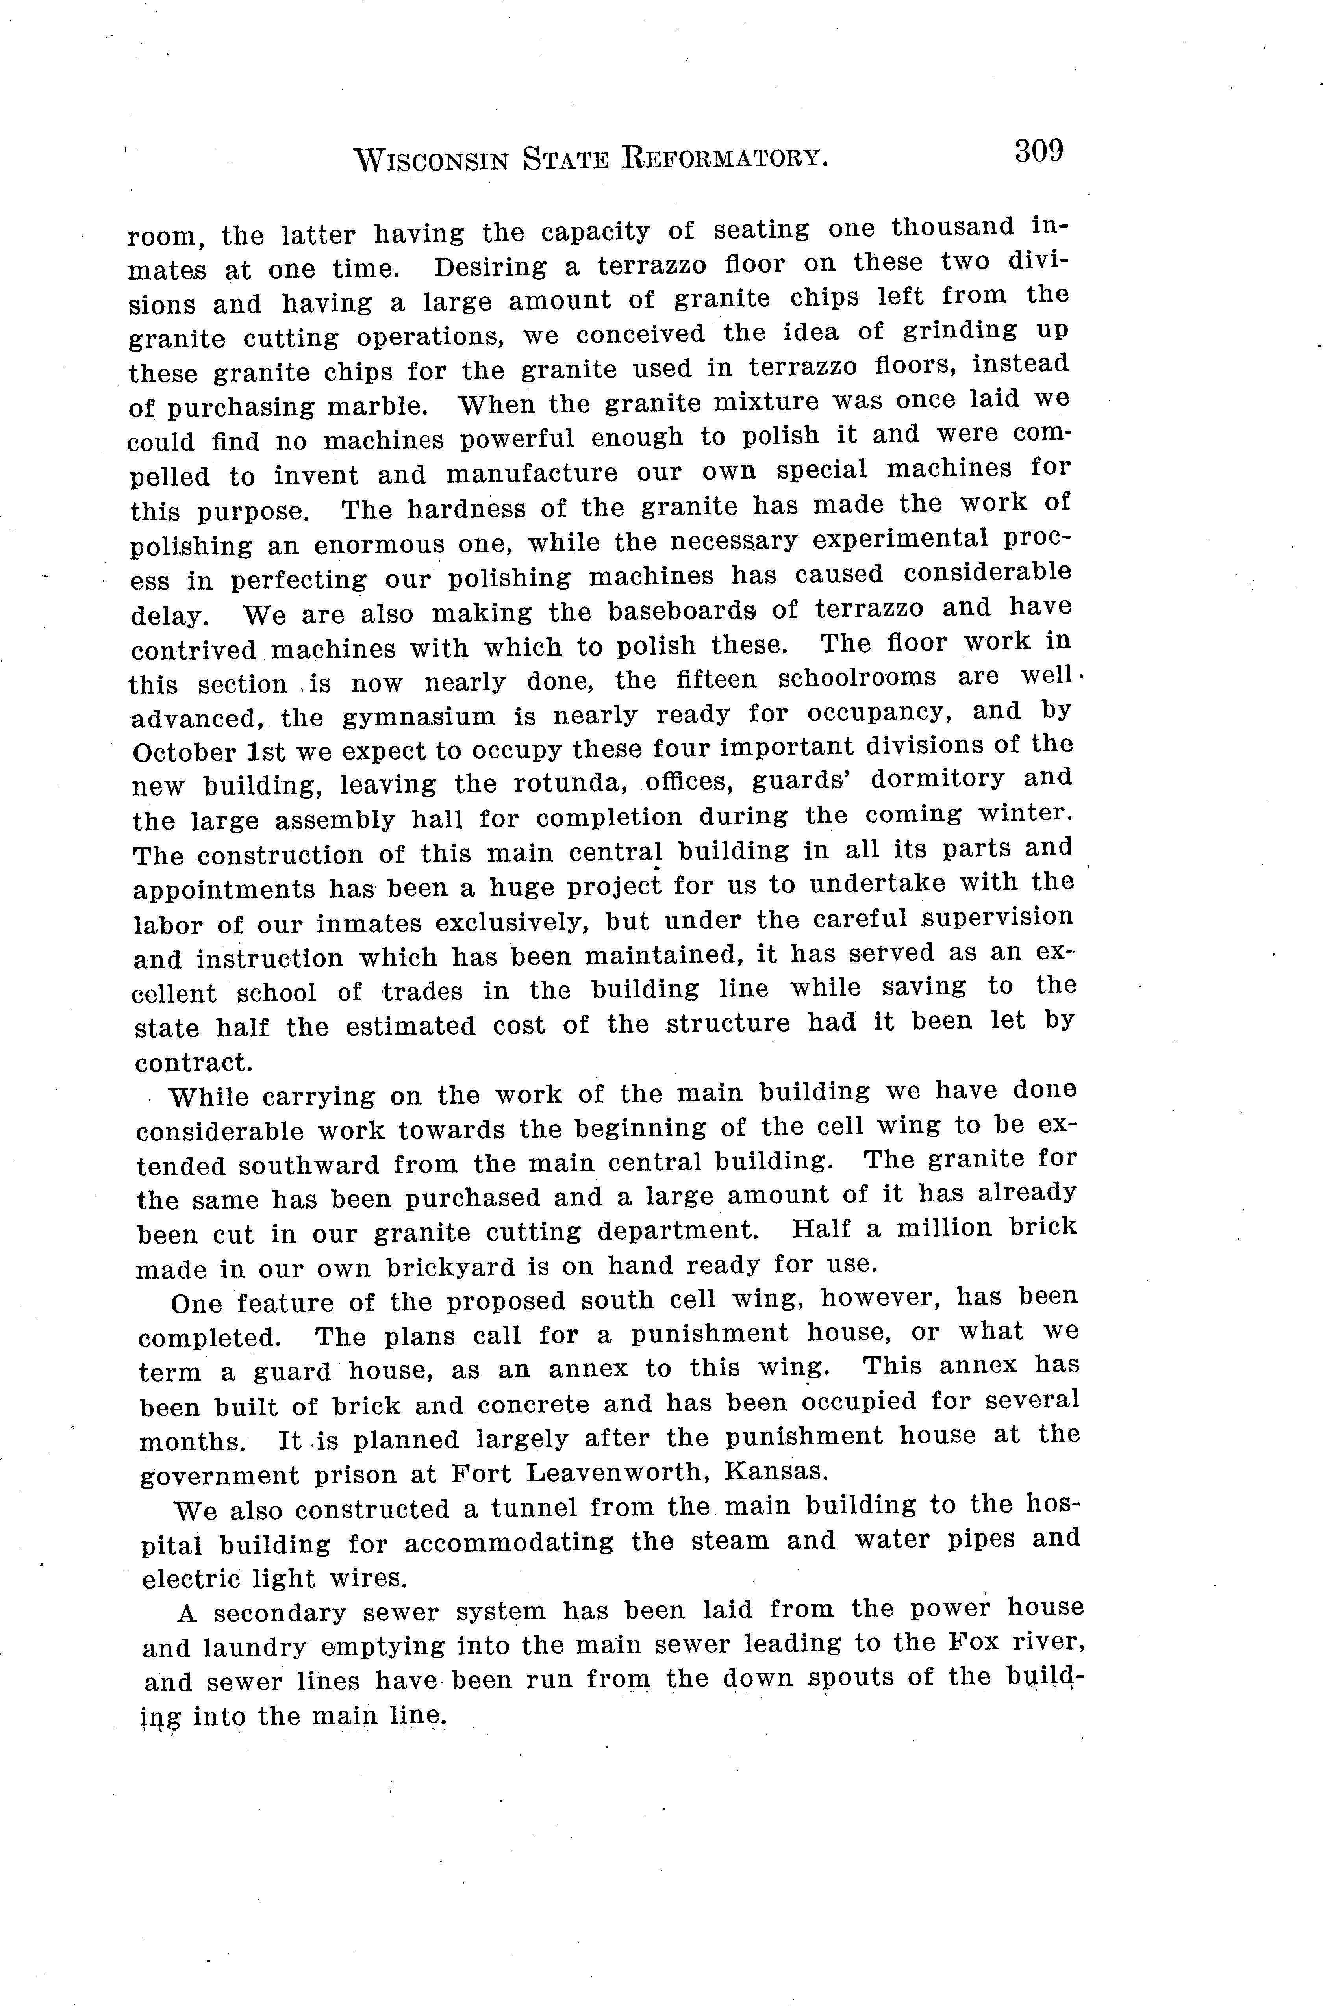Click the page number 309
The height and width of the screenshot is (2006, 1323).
[1039, 152]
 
